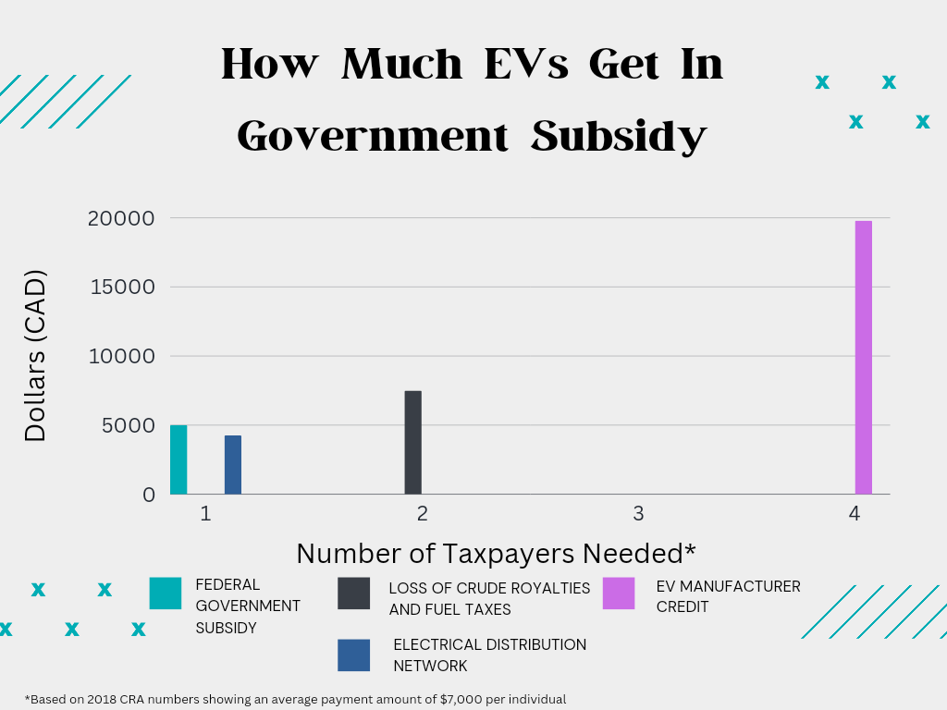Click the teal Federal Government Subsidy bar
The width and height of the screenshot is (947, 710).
[x=178, y=459]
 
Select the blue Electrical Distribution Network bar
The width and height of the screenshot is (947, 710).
[x=233, y=465]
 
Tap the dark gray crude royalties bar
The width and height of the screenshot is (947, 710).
[x=412, y=443]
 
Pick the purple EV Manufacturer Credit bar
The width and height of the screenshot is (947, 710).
[x=863, y=358]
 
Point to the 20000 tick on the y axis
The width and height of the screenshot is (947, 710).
[x=122, y=218]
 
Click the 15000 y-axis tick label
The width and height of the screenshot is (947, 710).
[x=122, y=287]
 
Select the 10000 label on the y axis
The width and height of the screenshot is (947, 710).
[x=122, y=356]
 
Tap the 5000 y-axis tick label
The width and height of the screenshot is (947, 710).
[x=129, y=425]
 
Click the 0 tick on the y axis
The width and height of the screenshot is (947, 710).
[x=149, y=495]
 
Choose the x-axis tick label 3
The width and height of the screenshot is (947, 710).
[x=638, y=513]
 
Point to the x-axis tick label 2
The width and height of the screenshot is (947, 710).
[x=422, y=513]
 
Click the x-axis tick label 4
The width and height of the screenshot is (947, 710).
[x=855, y=513]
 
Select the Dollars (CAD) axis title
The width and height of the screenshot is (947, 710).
[x=35, y=356]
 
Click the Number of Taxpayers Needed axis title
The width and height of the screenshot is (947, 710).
[x=496, y=553]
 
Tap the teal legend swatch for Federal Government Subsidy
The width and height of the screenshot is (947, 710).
[x=166, y=594]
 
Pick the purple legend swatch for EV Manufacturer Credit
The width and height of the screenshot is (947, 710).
[x=619, y=594]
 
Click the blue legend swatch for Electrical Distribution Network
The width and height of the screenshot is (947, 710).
[x=354, y=655]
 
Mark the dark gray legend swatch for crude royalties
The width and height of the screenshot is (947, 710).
[x=354, y=594]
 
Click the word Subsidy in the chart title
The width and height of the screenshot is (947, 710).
[x=620, y=137]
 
